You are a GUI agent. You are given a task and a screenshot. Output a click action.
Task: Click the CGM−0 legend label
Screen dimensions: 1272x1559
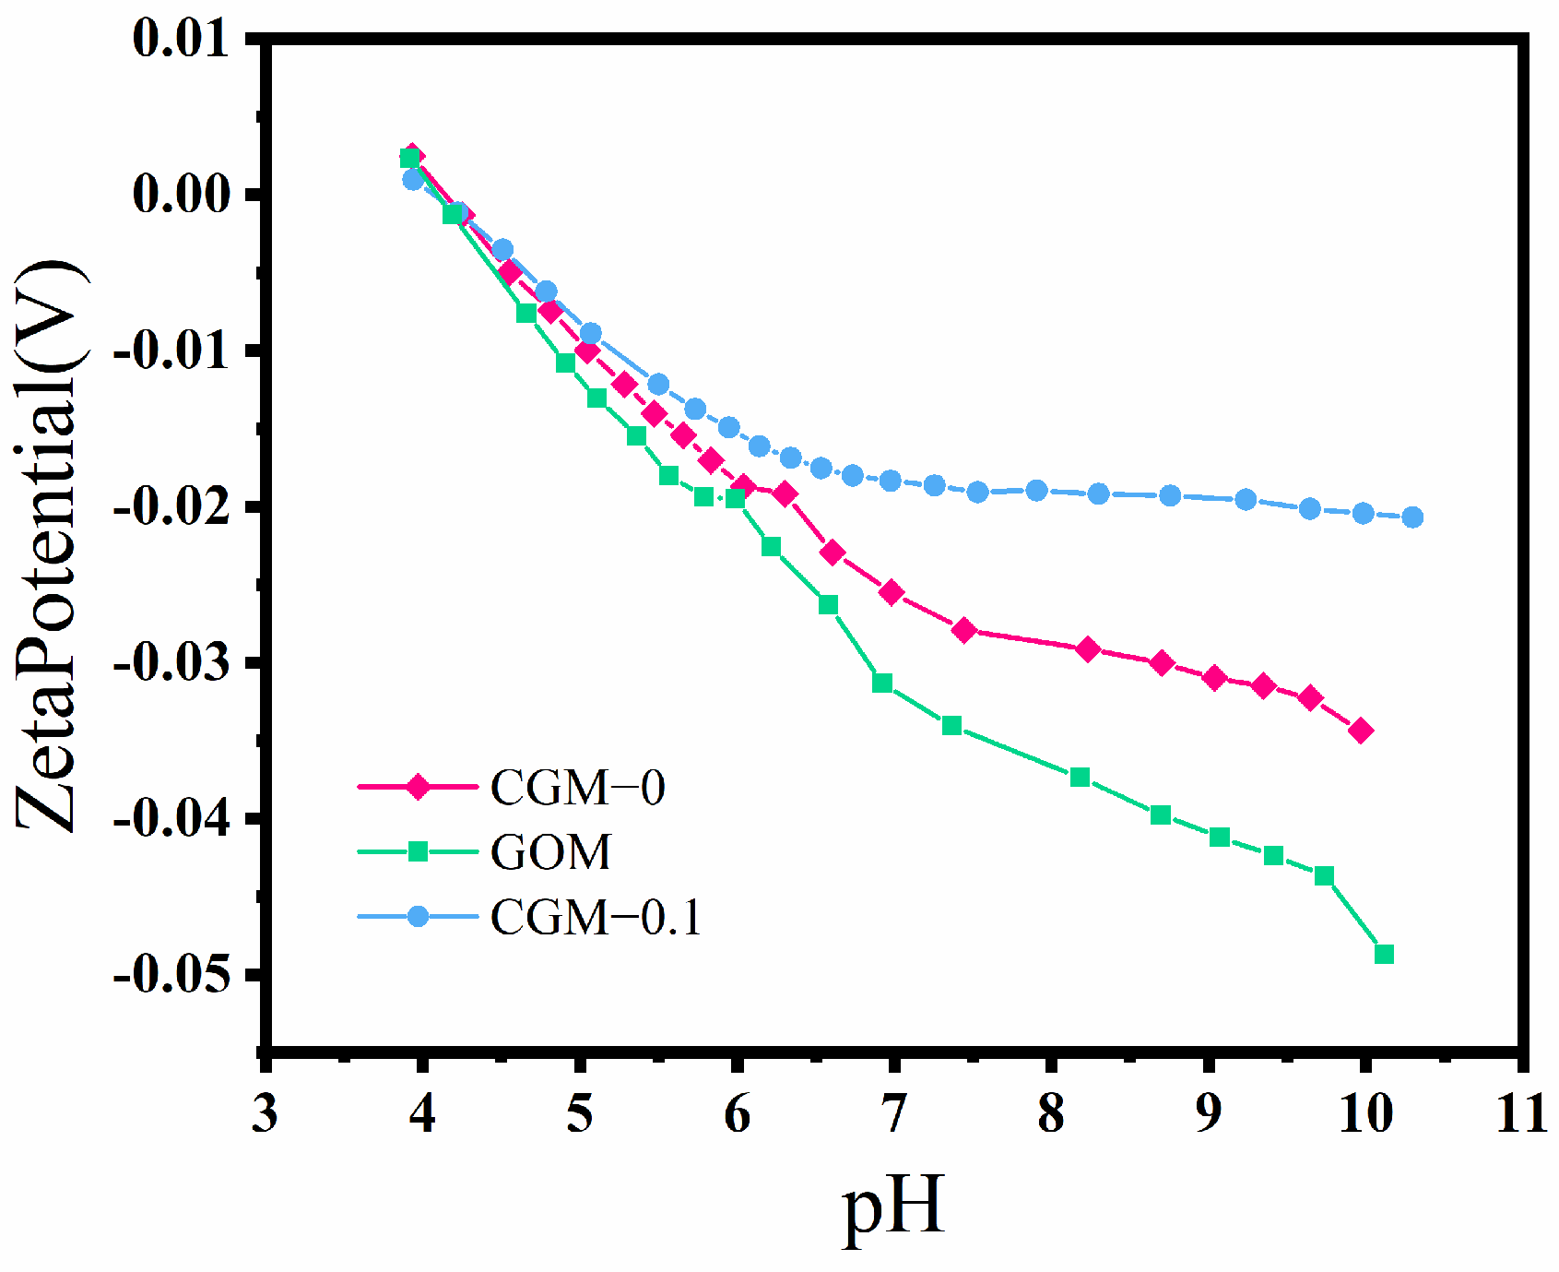(x=577, y=788)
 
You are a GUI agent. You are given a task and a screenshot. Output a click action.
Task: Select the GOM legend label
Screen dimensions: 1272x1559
(x=550, y=852)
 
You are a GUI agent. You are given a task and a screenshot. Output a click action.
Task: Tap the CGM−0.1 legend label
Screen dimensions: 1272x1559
(x=596, y=917)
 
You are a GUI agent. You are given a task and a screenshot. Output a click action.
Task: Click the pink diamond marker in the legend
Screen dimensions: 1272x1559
(x=418, y=788)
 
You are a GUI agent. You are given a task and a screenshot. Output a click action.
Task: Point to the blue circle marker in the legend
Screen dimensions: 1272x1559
(x=418, y=916)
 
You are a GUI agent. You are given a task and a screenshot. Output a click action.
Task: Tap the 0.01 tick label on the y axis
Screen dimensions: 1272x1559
(x=181, y=40)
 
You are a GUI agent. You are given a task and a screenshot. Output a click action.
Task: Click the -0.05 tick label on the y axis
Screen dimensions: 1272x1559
(x=171, y=974)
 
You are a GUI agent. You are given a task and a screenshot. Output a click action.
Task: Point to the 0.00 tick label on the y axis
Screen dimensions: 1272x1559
(x=181, y=195)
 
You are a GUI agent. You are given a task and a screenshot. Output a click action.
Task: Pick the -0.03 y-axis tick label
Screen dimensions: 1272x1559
(x=171, y=663)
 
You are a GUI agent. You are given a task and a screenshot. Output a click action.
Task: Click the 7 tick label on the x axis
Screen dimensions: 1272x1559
(x=893, y=1114)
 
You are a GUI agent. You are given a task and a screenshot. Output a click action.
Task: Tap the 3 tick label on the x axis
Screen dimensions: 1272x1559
(x=265, y=1114)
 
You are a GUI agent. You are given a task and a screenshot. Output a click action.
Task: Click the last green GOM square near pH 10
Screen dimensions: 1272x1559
(x=1384, y=954)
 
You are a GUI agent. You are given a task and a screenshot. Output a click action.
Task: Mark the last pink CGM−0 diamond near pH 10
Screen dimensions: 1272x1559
(x=1360, y=731)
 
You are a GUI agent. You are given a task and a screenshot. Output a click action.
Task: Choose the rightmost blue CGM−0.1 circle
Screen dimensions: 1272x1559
(x=1412, y=517)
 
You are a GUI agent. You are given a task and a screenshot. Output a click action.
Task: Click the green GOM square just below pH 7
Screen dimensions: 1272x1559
(x=882, y=684)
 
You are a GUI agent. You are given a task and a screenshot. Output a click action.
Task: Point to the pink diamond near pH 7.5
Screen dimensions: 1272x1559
(x=964, y=631)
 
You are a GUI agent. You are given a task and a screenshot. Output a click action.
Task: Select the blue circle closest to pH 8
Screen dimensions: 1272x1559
(x=1037, y=491)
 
